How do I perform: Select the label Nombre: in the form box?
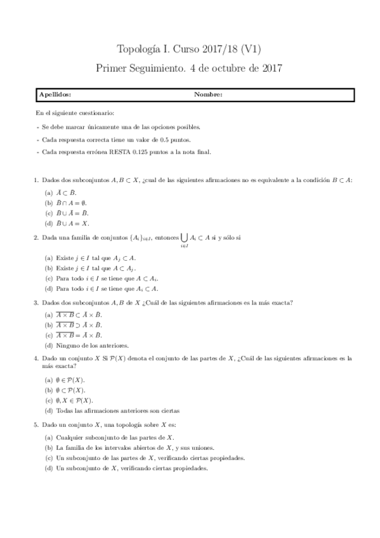tap(208, 95)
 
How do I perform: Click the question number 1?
tap(36, 180)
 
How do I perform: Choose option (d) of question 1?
tap(48, 223)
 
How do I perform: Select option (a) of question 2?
tap(48, 258)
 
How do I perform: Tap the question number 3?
tap(36, 303)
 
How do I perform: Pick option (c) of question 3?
tap(48, 335)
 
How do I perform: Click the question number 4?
tap(36, 358)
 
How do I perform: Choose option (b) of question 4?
tap(48, 390)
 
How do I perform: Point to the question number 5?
tap(36, 424)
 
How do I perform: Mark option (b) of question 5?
tap(48, 447)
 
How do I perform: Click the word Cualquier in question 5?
tap(70, 437)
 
